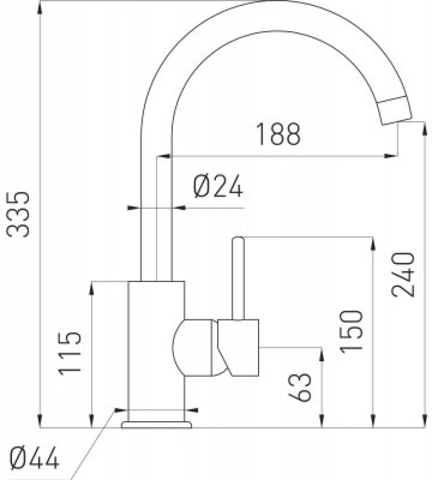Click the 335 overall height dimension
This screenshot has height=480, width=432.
(18, 214)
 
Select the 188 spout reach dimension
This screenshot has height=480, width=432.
(278, 134)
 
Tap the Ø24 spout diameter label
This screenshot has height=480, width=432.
(218, 186)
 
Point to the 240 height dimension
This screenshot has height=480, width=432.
(403, 275)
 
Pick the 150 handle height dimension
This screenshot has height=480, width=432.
(351, 332)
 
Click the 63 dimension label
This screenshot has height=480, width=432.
(300, 387)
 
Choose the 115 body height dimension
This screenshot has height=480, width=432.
(70, 354)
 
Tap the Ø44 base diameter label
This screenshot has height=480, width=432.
(35, 458)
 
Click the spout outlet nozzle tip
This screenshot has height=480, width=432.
(395, 110)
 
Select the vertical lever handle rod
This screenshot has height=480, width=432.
(238, 279)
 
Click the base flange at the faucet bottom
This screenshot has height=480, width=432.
(157, 424)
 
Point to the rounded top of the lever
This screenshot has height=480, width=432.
(238, 239)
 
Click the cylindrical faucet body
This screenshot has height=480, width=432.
(156, 351)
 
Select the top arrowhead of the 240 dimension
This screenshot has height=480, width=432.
(424, 129)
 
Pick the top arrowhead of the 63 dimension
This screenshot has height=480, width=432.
(321, 355)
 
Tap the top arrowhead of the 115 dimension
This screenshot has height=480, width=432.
(91, 288)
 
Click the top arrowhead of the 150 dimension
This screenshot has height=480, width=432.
(373, 244)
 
